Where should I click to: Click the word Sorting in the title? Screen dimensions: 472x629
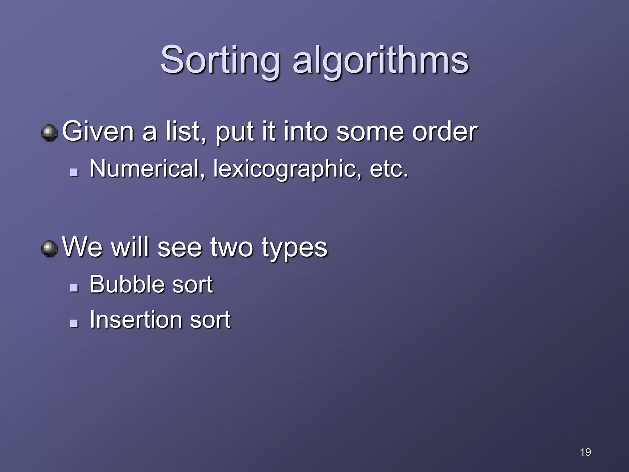coord(220,60)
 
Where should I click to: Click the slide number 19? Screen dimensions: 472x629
coord(585,452)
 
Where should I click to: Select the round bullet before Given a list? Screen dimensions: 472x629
coord(49,133)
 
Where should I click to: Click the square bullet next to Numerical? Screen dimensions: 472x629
coord(74,172)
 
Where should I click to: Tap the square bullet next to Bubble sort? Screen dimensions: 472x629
coord(74,288)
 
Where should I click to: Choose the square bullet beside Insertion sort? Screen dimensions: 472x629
coord(74,323)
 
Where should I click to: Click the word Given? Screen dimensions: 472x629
coord(98,132)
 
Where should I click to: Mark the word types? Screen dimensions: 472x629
coord(295,248)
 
